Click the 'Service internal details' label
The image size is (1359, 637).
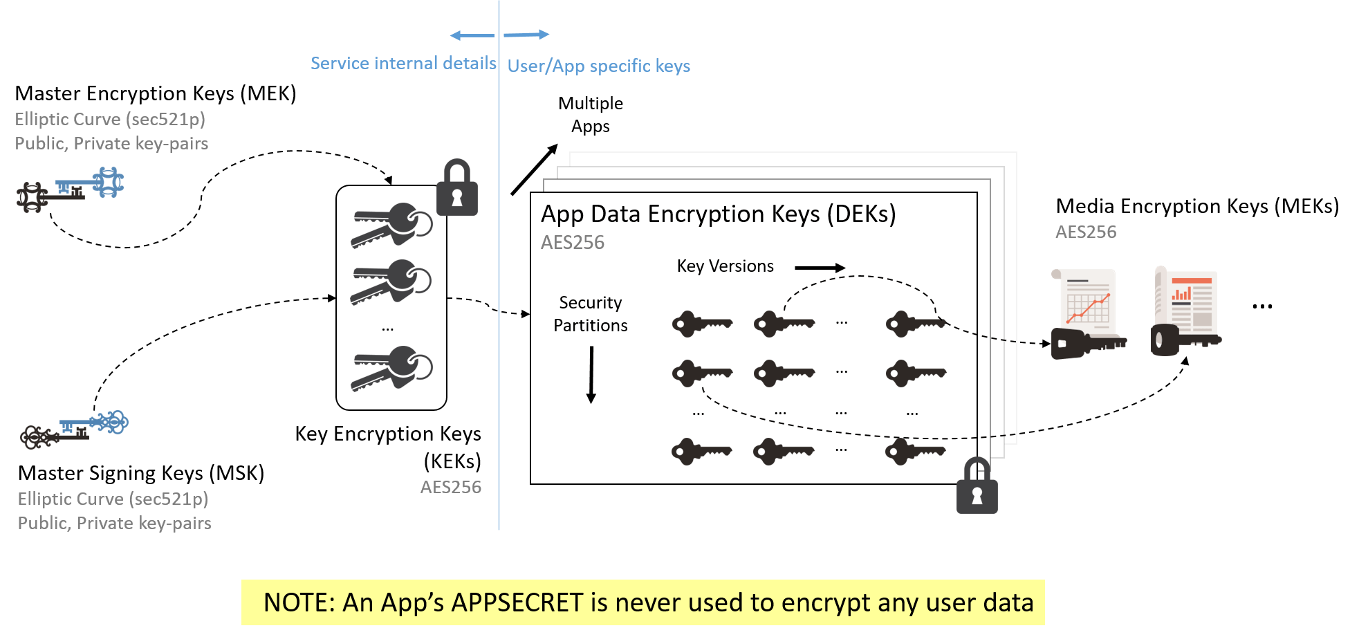[403, 63]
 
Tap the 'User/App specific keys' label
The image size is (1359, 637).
[599, 66]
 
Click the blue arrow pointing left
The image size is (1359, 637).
[472, 35]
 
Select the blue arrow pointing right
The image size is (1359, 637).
[526, 34]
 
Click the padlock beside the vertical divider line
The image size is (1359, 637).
[456, 187]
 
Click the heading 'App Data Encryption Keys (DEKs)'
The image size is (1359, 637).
[718, 214]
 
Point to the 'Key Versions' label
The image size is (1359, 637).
[725, 266]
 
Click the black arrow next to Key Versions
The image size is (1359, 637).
[820, 268]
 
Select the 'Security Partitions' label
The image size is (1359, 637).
[591, 314]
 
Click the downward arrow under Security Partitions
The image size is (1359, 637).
[591, 374]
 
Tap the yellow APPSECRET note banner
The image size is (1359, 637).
[642, 602]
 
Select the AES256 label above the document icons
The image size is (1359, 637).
[1085, 232]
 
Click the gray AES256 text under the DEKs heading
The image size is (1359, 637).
[572, 243]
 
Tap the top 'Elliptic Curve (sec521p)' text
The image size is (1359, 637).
[110, 119]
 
